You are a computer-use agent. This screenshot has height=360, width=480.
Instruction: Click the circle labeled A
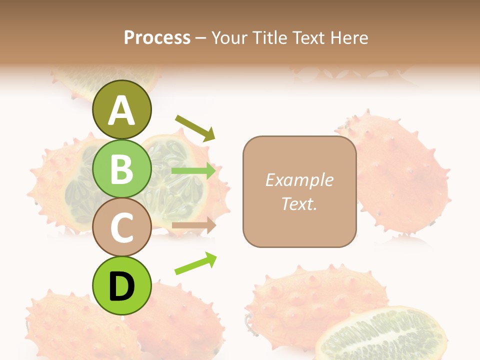click(x=121, y=109)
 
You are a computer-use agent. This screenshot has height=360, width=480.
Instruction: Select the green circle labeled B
click(x=121, y=168)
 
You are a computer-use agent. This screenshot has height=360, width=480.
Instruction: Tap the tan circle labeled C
click(x=121, y=227)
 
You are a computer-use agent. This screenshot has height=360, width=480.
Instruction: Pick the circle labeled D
click(x=121, y=285)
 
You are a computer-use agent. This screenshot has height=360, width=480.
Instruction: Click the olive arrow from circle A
click(x=195, y=127)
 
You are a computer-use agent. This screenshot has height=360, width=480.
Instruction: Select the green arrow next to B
click(x=193, y=171)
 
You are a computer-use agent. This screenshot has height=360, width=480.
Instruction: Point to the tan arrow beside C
click(x=193, y=225)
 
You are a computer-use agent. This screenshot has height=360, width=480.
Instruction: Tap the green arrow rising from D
click(x=195, y=263)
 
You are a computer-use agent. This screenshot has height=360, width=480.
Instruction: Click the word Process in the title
click(x=157, y=38)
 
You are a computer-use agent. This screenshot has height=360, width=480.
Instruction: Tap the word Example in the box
click(x=299, y=180)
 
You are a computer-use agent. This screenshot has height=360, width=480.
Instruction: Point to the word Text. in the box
click(x=299, y=203)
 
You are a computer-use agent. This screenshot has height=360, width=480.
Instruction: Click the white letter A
click(x=121, y=110)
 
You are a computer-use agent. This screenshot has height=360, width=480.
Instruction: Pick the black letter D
click(x=121, y=286)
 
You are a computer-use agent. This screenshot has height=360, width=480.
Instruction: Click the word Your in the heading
click(x=229, y=38)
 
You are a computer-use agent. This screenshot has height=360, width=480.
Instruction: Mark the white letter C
click(x=121, y=227)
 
